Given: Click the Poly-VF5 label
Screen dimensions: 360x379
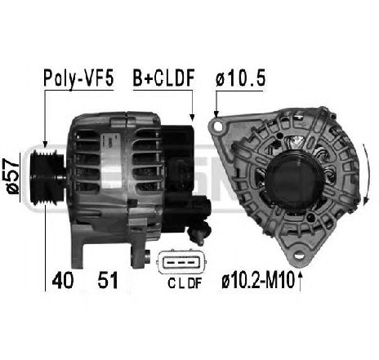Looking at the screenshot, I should (x=77, y=78).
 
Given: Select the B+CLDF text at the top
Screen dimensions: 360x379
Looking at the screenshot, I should (x=163, y=78).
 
